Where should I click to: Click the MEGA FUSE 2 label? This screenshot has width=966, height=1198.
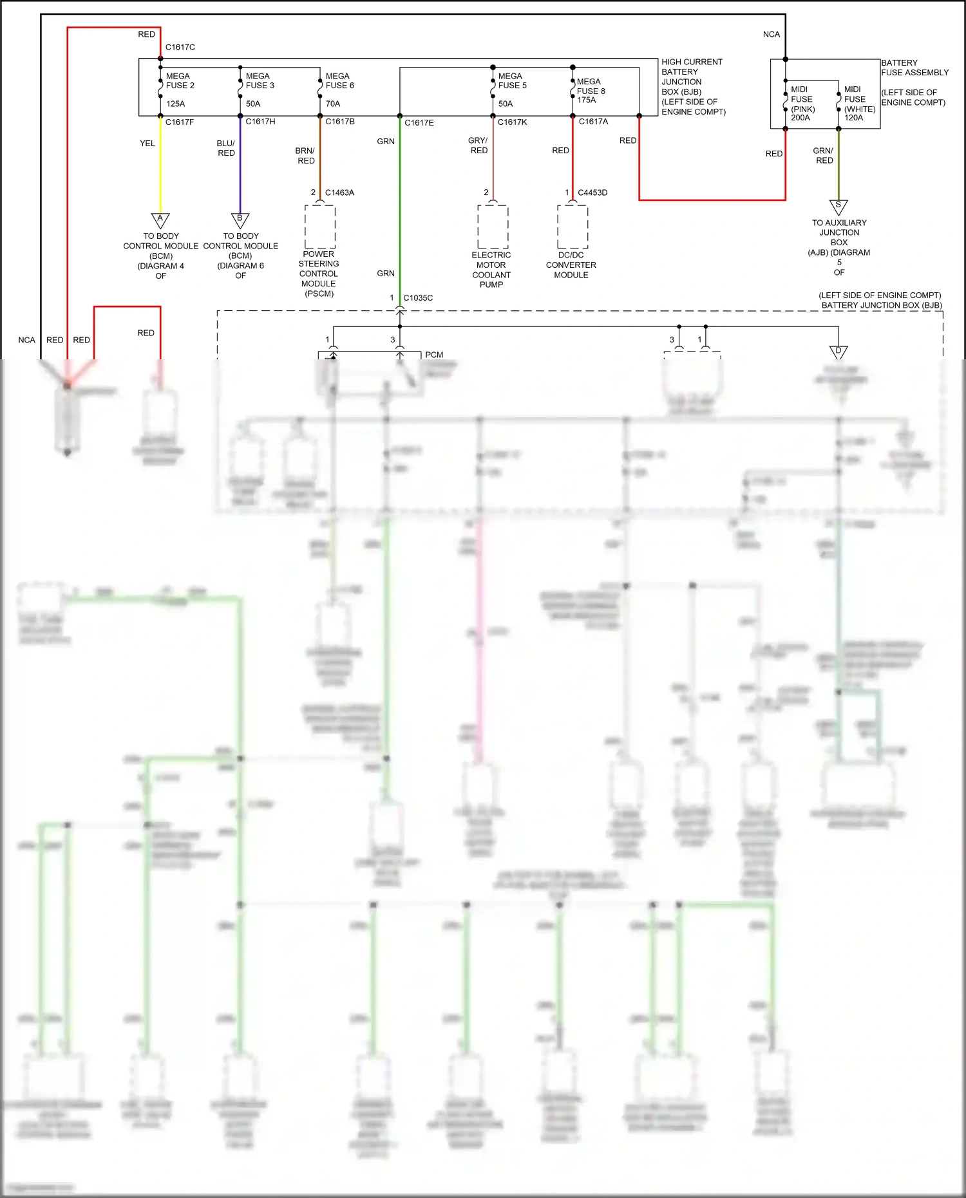[180, 80]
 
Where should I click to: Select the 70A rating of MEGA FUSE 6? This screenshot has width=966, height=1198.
[333, 104]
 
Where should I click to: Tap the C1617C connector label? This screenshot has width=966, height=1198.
[180, 47]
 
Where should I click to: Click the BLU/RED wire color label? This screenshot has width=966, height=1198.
[226, 148]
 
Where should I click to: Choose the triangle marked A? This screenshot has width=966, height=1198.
[160, 220]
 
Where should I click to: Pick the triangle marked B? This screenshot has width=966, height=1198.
[240, 220]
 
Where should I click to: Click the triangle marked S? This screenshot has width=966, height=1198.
[838, 207]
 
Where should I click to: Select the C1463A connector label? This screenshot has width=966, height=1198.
[339, 192]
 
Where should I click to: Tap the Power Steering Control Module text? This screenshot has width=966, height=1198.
[319, 274]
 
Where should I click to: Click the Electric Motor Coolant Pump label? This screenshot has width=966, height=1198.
[491, 269]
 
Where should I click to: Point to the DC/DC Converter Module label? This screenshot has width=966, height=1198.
[571, 265]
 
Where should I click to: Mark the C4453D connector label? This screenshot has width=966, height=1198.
[592, 192]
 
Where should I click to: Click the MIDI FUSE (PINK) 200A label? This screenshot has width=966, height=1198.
[802, 104]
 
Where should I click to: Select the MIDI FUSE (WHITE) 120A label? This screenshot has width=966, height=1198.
[859, 104]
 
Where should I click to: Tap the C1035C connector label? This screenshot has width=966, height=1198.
[418, 298]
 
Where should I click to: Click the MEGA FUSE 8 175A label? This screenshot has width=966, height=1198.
[591, 91]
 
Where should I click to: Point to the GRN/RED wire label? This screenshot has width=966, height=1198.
[824, 155]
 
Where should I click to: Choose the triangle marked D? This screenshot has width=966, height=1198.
[838, 352]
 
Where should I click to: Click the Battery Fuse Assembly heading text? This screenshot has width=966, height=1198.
[914, 68]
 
